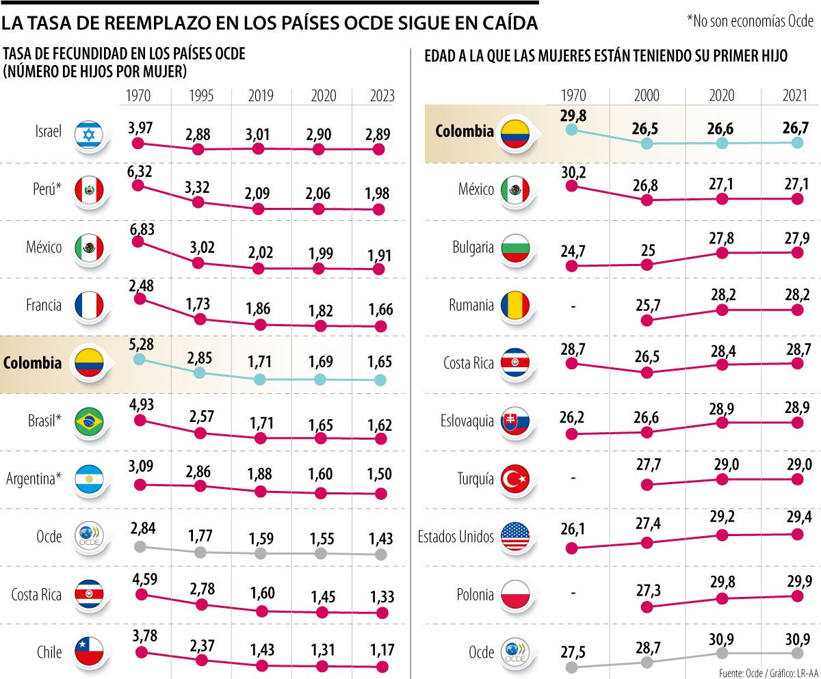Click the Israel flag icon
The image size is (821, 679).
[x=88, y=132]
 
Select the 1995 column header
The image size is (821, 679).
[x=200, y=96]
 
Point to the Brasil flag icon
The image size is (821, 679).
[x=88, y=421]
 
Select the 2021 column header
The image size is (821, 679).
[x=796, y=96]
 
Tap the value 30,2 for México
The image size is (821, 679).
[x=573, y=170]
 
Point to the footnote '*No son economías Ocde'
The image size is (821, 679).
[x=751, y=21]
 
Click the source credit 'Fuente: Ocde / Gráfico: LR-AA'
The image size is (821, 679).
[x=766, y=673]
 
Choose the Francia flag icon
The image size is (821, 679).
[x=88, y=305]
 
